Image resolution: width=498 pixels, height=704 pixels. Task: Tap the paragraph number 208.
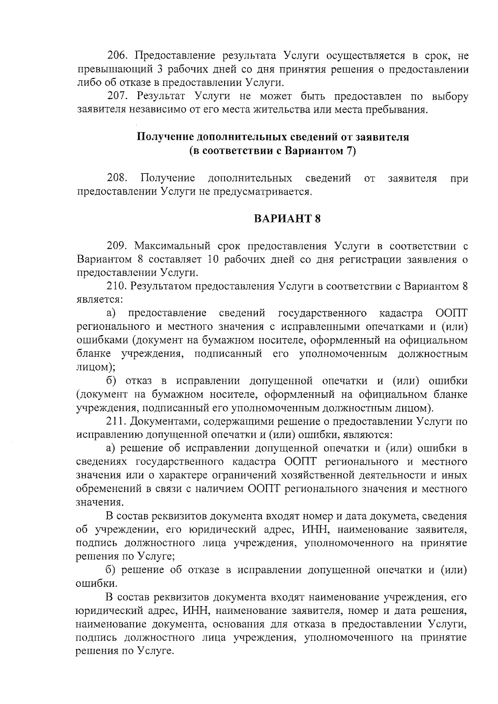point(117,178)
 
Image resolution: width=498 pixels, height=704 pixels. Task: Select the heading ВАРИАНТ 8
point(287,219)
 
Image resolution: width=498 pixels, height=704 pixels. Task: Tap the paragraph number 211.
point(117,422)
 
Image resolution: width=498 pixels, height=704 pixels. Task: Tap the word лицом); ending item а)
point(96,368)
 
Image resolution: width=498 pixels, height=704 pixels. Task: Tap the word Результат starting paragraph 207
point(159,97)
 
